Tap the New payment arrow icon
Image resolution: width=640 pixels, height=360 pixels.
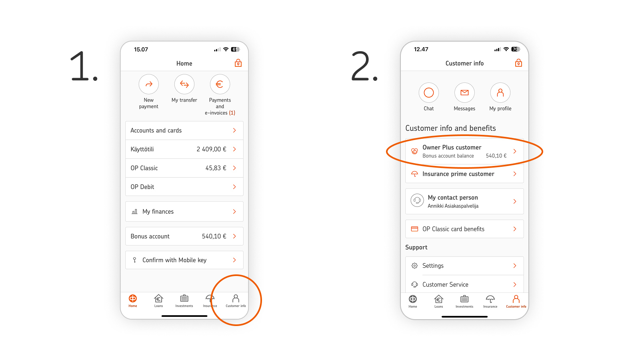tap(148, 84)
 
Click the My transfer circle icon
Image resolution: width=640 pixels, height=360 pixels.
tap(184, 84)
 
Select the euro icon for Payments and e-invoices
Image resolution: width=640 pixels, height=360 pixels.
tap(220, 84)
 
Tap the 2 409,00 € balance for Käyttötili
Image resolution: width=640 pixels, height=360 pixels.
tap(212, 149)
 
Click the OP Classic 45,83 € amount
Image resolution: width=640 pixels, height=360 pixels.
tap(216, 168)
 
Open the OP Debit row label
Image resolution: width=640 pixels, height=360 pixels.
tap(142, 187)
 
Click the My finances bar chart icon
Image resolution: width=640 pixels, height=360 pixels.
tap(134, 212)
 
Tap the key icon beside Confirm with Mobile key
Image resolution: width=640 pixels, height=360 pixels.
tap(134, 260)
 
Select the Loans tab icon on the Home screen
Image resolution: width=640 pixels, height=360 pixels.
tap(158, 298)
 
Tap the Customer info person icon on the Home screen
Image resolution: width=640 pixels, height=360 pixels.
tap(236, 298)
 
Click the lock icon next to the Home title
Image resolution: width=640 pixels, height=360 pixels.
tap(238, 63)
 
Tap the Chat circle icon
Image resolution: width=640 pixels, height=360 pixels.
tap(428, 92)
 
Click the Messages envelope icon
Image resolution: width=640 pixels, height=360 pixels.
tap(464, 92)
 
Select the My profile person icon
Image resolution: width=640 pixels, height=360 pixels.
tap(500, 92)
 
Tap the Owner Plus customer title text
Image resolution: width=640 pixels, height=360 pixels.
tap(452, 148)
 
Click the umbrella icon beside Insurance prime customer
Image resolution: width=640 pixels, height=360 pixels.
tap(414, 174)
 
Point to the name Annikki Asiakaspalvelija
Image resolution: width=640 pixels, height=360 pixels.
tap(453, 206)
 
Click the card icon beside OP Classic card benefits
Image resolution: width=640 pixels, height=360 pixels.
tap(414, 229)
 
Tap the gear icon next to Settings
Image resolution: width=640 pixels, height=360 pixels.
tap(414, 266)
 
